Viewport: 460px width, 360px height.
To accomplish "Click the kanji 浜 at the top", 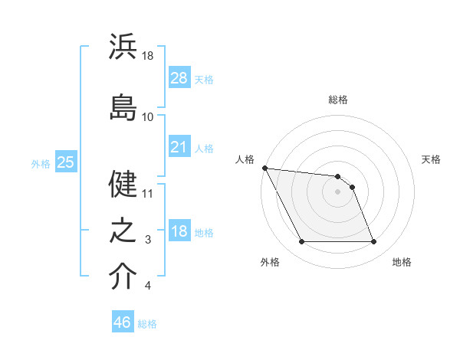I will [123, 47].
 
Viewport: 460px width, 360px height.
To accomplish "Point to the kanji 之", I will [123, 231].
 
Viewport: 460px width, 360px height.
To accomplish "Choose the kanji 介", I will [123, 277].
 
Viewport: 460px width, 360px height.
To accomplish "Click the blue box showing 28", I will [179, 77].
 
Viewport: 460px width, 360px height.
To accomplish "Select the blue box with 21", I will [179, 147].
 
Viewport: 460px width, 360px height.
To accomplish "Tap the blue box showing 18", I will [179, 231].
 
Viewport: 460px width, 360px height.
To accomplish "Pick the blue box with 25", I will [65, 162].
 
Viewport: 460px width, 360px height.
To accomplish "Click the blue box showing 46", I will [122, 322].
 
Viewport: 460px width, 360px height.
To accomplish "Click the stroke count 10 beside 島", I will [148, 117].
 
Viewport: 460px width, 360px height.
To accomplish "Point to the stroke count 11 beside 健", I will [148, 194].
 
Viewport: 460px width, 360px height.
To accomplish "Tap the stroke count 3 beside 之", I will [149, 241].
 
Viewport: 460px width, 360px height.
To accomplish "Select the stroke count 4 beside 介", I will [148, 286].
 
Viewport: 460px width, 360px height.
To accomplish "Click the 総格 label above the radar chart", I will [338, 100].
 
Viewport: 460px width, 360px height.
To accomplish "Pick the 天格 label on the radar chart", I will [432, 159].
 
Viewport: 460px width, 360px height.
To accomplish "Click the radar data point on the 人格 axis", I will [264, 168].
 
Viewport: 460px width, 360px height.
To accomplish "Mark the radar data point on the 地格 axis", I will [374, 242].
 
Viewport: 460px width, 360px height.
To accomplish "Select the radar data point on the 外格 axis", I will [301, 242].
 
